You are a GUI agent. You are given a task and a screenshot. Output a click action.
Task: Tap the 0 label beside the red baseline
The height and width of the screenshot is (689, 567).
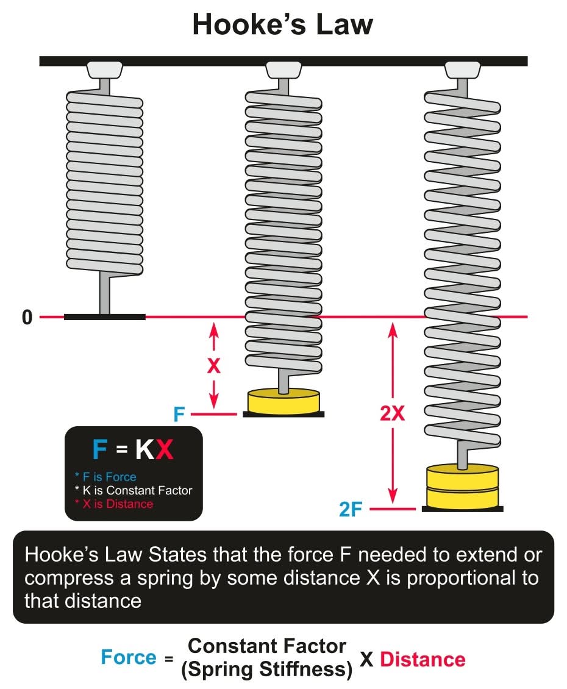(x=27, y=318)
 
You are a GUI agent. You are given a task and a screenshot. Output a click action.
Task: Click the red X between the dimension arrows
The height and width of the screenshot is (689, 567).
(x=213, y=366)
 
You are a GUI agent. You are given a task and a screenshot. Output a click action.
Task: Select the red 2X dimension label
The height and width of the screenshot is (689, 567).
(x=392, y=413)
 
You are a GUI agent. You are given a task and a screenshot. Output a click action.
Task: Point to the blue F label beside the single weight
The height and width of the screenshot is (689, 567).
(x=179, y=415)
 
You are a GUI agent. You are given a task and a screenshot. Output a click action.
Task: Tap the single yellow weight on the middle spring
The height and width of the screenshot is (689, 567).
(x=283, y=401)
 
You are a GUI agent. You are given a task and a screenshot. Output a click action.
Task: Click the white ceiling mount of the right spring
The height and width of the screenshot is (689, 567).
(x=463, y=69)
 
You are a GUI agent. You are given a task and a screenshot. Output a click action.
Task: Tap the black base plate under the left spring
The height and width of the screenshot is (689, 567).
(x=105, y=317)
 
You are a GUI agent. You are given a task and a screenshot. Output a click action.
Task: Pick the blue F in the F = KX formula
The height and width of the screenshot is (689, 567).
(x=99, y=450)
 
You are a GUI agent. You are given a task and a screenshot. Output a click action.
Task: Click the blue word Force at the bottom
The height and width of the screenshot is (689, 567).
(x=128, y=657)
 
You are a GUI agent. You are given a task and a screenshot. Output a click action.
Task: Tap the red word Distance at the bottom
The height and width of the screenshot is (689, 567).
(x=423, y=659)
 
